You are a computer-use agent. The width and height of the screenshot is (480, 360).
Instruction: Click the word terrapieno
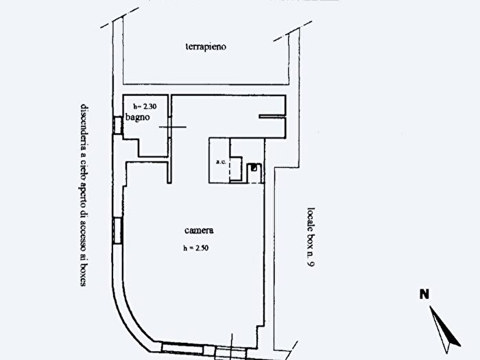(x=206, y=47)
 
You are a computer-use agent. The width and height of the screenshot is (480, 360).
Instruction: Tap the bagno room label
(x=138, y=117)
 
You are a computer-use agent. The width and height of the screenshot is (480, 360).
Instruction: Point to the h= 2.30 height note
(x=145, y=106)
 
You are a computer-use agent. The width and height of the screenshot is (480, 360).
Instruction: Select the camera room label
(x=199, y=230)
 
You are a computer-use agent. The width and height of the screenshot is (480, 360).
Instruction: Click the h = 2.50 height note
(x=196, y=248)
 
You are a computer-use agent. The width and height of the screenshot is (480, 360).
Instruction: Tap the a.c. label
(x=221, y=162)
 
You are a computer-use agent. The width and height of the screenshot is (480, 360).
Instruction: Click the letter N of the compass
(x=424, y=294)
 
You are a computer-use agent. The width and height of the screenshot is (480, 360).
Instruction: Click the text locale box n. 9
(x=311, y=237)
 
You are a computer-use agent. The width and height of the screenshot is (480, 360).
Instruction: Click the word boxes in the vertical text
(x=84, y=274)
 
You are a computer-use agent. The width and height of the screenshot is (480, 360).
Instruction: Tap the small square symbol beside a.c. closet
(x=254, y=167)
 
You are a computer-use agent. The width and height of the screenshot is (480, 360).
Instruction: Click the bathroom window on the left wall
(x=117, y=125)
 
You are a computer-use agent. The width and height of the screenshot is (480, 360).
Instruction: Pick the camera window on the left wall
(x=117, y=230)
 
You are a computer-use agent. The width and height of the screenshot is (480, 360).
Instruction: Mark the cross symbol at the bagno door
(x=172, y=127)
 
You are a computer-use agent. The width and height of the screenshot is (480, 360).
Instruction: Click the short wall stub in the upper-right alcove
(x=272, y=117)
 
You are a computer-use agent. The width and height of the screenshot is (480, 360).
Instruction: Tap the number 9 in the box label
(x=311, y=263)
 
